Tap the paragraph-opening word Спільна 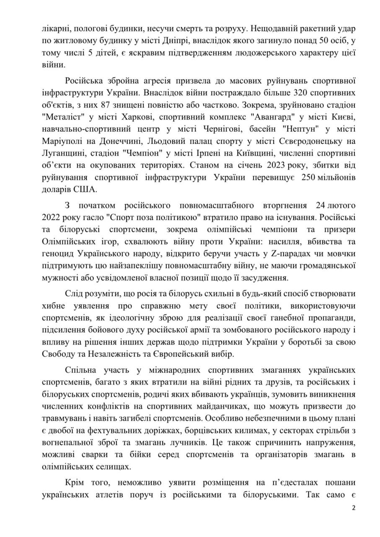click(80, 371)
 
